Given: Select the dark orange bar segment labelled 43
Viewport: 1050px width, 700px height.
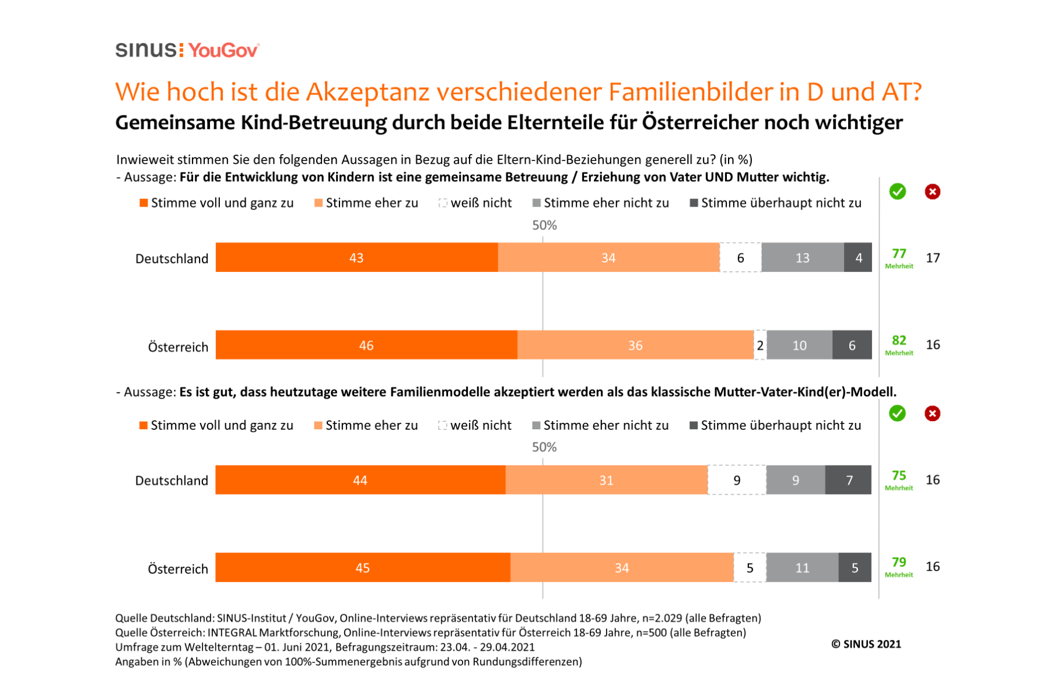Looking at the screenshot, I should click(x=356, y=258).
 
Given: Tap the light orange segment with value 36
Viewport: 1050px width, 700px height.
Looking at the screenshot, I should click(x=635, y=345).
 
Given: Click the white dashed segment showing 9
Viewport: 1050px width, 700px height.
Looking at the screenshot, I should click(x=737, y=480).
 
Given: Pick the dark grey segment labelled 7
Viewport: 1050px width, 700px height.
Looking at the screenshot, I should click(x=849, y=480).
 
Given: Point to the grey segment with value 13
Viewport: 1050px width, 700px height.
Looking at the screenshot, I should click(x=803, y=258).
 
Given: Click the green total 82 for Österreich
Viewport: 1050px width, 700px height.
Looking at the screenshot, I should click(x=899, y=341).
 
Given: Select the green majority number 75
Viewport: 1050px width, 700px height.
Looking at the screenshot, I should click(x=899, y=476).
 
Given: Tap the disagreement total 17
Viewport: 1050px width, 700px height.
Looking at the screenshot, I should click(x=933, y=258).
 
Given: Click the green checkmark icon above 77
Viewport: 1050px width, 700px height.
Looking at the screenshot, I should click(x=898, y=191).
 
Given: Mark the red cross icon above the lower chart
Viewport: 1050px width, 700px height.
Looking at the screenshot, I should click(x=932, y=414).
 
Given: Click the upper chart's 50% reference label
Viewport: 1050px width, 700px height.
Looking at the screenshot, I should click(x=544, y=225).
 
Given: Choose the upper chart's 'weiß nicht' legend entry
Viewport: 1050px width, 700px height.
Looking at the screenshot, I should click(x=475, y=203).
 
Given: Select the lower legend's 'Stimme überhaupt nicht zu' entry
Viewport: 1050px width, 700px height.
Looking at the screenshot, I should click(x=775, y=425).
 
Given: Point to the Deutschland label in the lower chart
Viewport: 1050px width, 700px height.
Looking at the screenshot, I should click(x=171, y=481).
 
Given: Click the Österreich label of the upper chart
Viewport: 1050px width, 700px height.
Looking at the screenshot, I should click(x=178, y=347).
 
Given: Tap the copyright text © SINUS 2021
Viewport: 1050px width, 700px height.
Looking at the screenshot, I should click(x=866, y=644).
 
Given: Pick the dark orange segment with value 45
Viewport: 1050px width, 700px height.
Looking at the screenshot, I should click(x=362, y=568).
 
